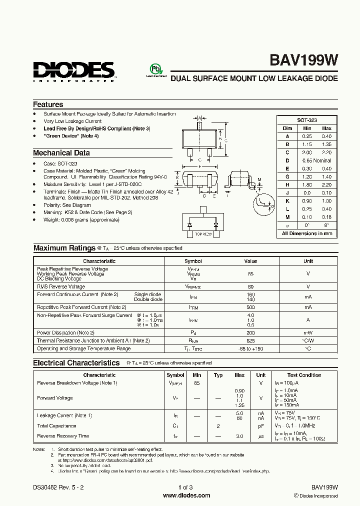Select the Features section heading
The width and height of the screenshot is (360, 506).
pyautogui.click(x=48, y=104)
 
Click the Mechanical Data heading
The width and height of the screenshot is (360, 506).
pyautogui.click(x=61, y=153)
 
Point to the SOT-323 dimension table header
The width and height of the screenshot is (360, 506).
pyautogui.click(x=306, y=120)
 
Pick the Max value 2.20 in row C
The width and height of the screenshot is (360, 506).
pyautogui.click(x=326, y=152)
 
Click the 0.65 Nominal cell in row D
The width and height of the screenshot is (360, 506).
pyautogui.click(x=316, y=160)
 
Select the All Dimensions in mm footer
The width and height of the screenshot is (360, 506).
pyautogui.click(x=306, y=233)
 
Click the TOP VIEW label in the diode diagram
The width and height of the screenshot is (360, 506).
pyautogui.click(x=203, y=234)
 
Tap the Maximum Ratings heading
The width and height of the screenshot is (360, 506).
pyautogui.click(x=64, y=248)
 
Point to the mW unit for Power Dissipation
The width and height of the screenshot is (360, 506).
pyautogui.click(x=308, y=332)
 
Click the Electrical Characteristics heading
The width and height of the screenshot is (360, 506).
pyautogui.click(x=76, y=363)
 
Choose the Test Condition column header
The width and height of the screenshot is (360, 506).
pyautogui.click(x=304, y=375)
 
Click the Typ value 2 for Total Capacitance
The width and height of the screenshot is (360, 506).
pyautogui.click(x=218, y=426)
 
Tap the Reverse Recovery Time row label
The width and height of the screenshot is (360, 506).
pyautogui.click(x=63, y=436)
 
